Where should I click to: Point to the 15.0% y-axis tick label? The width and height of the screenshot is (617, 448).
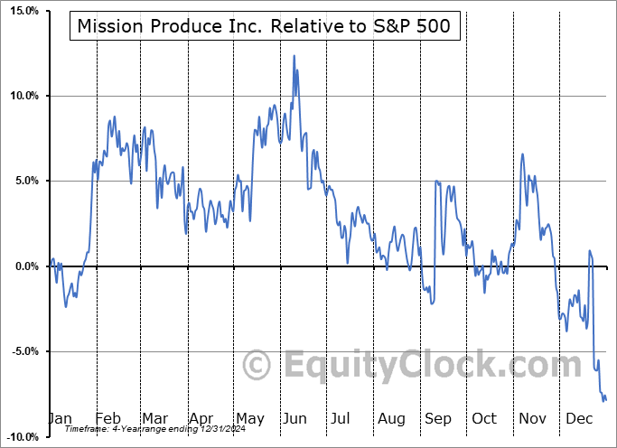(x=21, y=11)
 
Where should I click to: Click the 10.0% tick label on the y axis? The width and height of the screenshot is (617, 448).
(x=21, y=96)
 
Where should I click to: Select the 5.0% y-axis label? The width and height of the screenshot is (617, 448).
(x=23, y=181)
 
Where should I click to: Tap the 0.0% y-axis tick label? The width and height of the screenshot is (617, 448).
(x=23, y=266)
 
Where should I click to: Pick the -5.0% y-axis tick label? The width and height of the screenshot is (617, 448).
(x=22, y=350)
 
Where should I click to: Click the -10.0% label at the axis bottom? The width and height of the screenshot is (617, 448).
(x=20, y=436)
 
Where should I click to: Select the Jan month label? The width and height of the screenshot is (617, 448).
(x=60, y=418)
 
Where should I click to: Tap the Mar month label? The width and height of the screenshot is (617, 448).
(x=154, y=418)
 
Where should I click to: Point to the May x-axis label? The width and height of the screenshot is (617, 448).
(x=249, y=418)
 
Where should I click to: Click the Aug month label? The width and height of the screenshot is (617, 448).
(x=392, y=418)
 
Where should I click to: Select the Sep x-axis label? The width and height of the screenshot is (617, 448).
(x=437, y=418)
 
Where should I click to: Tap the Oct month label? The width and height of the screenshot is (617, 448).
(x=484, y=418)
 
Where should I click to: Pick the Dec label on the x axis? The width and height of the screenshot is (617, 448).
(x=579, y=418)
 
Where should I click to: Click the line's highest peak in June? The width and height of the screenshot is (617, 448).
(x=294, y=56)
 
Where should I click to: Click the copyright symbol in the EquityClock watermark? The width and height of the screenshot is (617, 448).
(x=258, y=366)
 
